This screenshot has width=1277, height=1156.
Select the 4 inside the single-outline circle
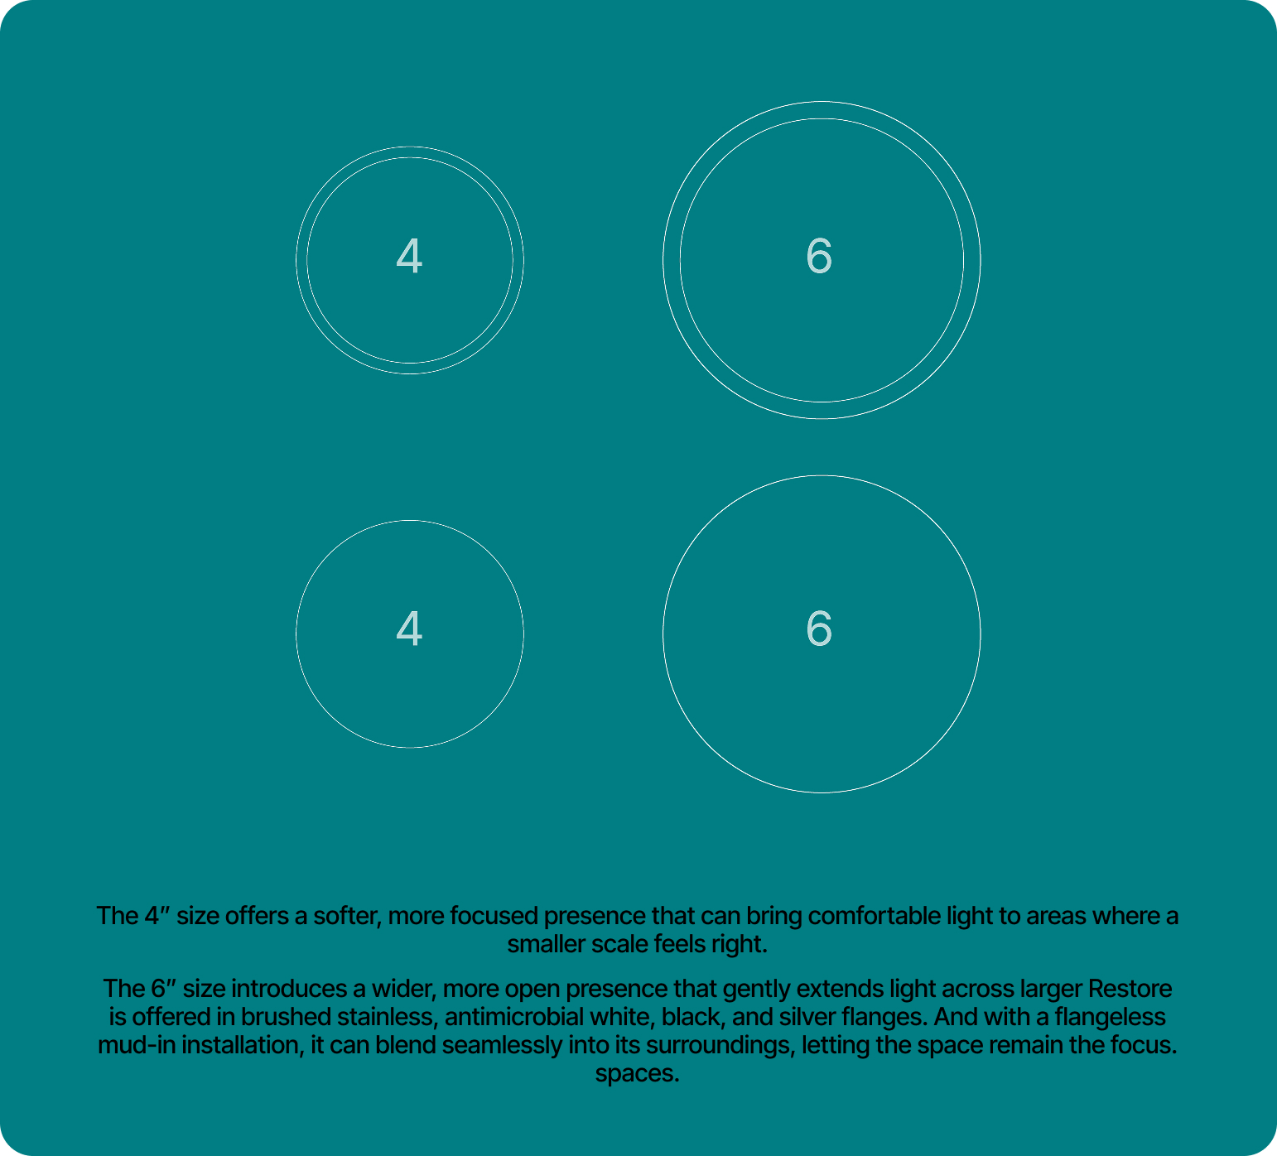point(409,629)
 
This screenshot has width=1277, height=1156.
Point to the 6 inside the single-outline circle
point(819,629)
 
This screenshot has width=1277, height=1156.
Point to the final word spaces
point(637,1074)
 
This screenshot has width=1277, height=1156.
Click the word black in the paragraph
point(691,1017)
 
